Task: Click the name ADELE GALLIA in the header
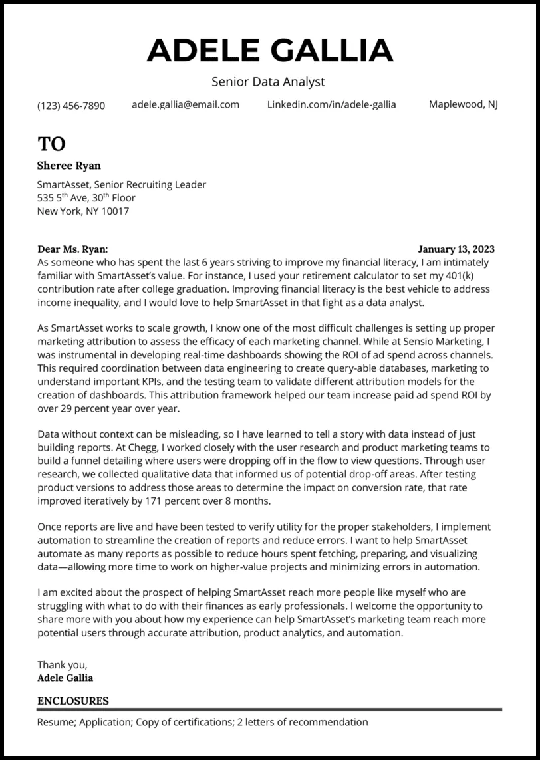tap(269, 51)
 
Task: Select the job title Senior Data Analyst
tap(268, 82)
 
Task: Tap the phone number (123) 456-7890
tap(71, 105)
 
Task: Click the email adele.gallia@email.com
tap(186, 104)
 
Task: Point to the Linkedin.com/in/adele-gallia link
tap(331, 104)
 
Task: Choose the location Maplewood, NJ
tap(464, 104)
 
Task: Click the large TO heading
tap(51, 144)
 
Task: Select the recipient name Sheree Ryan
tap(69, 166)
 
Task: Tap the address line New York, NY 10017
tap(83, 211)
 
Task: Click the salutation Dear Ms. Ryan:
tap(72, 249)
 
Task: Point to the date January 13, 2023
tap(456, 249)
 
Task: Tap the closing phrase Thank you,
tap(62, 664)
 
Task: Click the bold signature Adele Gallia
tap(65, 678)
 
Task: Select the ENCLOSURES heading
tap(73, 701)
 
